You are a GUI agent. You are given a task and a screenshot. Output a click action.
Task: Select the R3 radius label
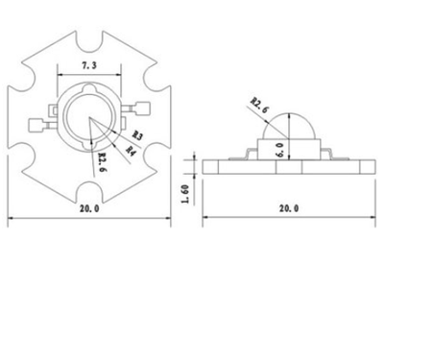click(137, 135)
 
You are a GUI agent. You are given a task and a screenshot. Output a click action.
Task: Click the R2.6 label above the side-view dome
click(259, 104)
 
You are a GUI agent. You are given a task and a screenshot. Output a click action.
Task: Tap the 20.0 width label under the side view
click(288, 207)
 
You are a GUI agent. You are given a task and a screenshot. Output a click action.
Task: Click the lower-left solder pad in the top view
click(39, 122)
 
